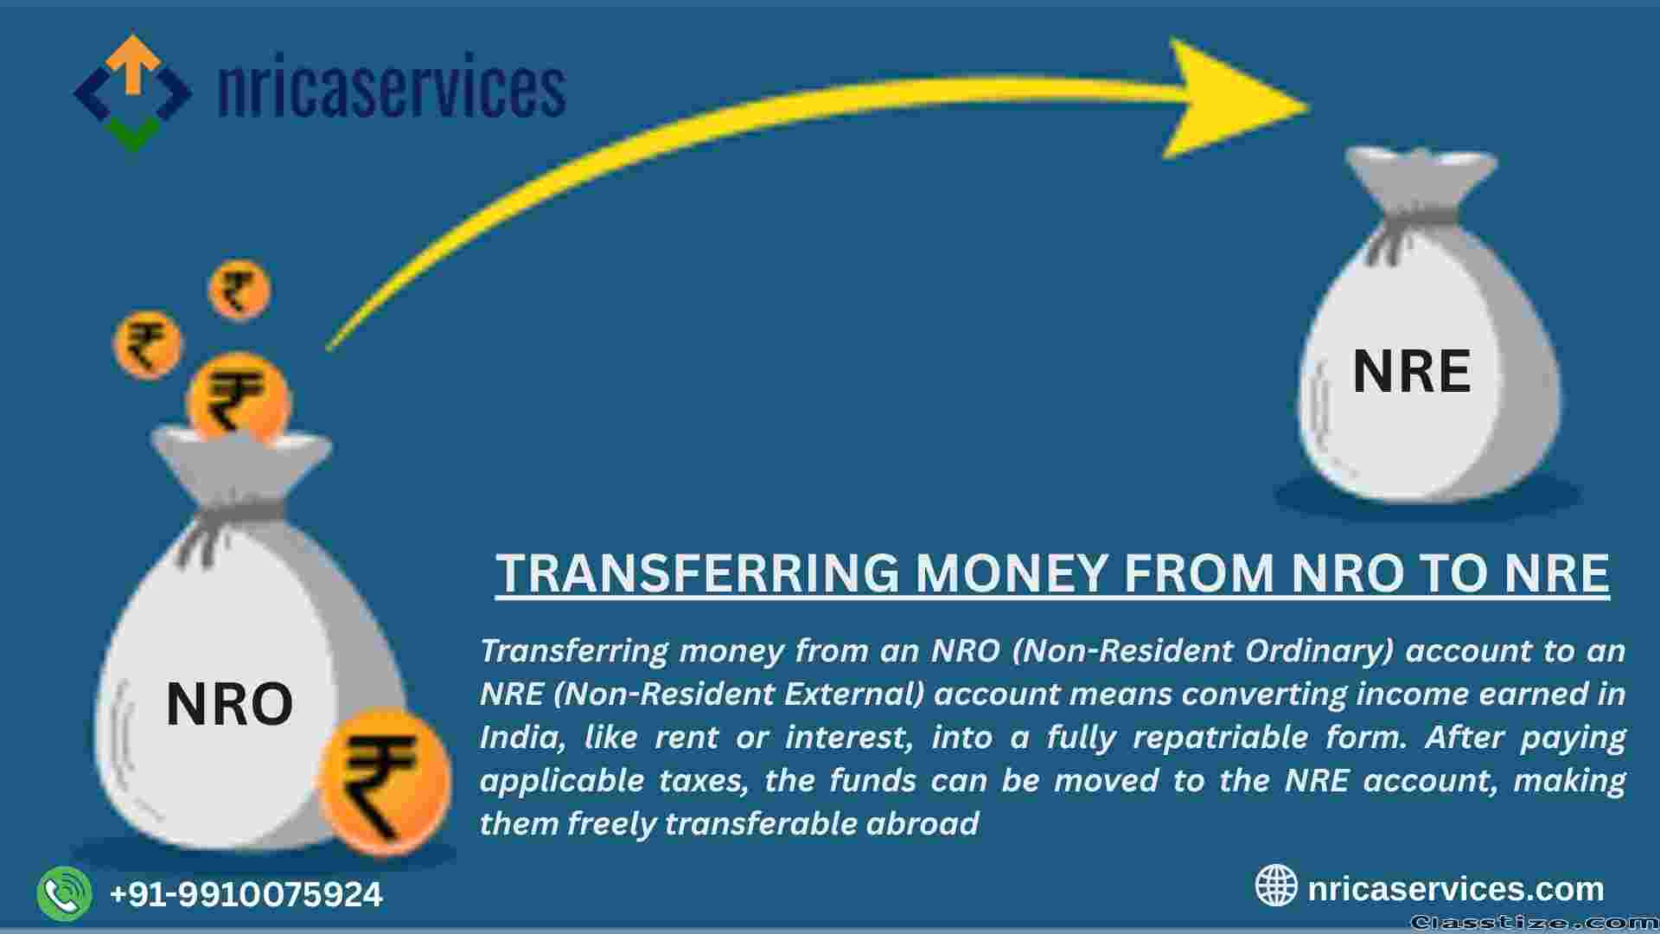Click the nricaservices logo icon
(x=132, y=93)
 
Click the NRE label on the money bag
(x=1411, y=372)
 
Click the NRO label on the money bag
(x=229, y=704)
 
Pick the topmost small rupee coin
(x=239, y=290)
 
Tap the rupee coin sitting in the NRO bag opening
(x=239, y=400)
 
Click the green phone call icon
(x=64, y=893)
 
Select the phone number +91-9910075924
(x=246, y=894)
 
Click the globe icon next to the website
(x=1276, y=886)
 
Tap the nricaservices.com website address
(x=1456, y=888)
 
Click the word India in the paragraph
(x=522, y=738)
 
